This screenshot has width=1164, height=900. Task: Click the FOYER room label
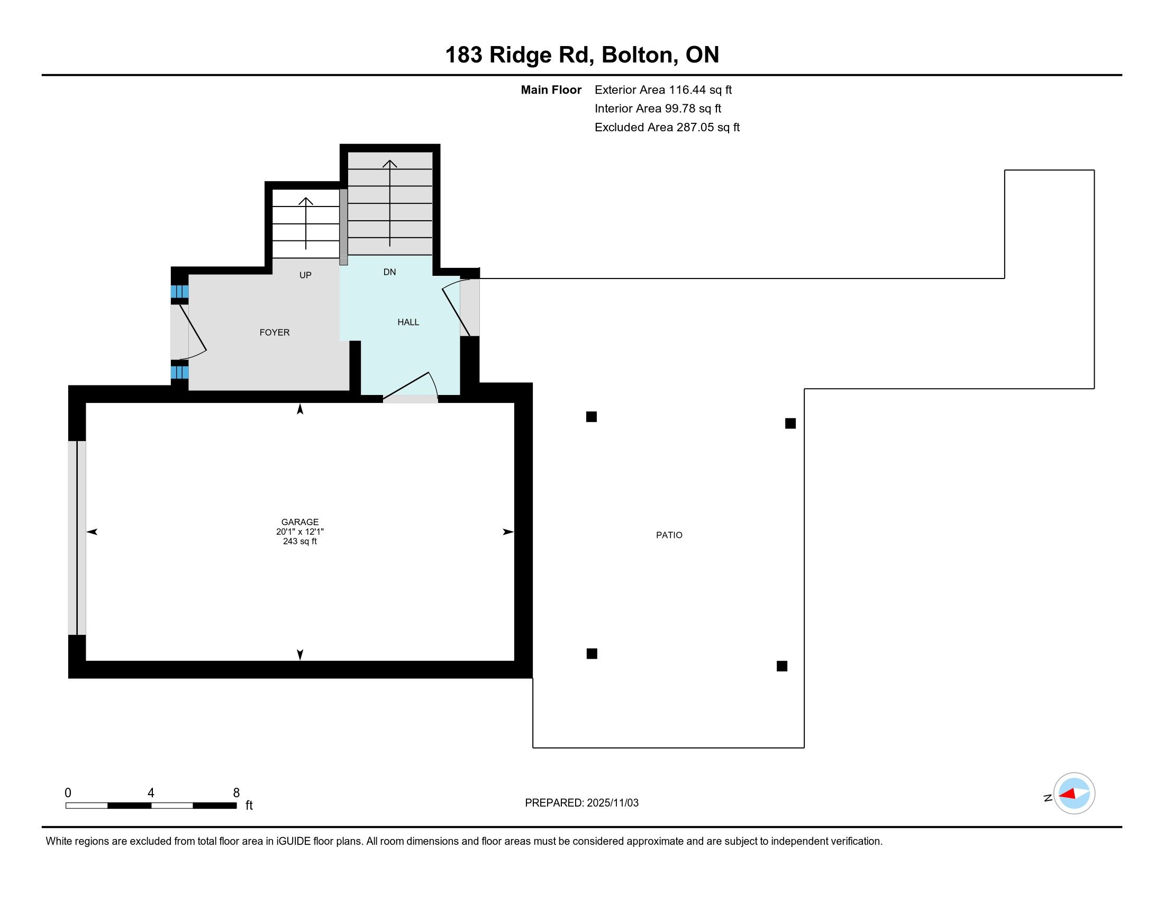[x=275, y=332]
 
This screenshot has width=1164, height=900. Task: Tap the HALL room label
[x=408, y=322]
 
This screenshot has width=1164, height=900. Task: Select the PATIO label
[x=669, y=535]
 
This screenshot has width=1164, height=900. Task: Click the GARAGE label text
[x=300, y=522]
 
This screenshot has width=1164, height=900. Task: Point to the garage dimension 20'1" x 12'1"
[x=300, y=532]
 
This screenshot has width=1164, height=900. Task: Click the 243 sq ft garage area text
[x=300, y=541]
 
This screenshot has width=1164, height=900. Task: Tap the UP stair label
[x=305, y=275]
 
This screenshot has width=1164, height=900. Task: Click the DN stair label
[x=389, y=272]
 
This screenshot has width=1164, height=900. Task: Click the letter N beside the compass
[x=1048, y=798]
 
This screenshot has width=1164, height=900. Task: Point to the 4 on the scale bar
[x=151, y=793]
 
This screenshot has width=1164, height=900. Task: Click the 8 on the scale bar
[x=236, y=793]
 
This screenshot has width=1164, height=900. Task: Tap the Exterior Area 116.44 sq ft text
[x=663, y=89]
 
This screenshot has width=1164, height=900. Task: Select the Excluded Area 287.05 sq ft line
[x=667, y=127]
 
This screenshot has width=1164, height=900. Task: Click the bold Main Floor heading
[x=551, y=89]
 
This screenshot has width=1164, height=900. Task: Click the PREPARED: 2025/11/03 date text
[x=581, y=803]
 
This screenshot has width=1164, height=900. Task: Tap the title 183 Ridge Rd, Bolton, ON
[x=582, y=55]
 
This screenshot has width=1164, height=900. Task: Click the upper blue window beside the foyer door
[x=179, y=292]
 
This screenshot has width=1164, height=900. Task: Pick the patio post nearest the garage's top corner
[x=591, y=417]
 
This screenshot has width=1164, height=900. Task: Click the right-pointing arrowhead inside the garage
[x=508, y=532]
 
